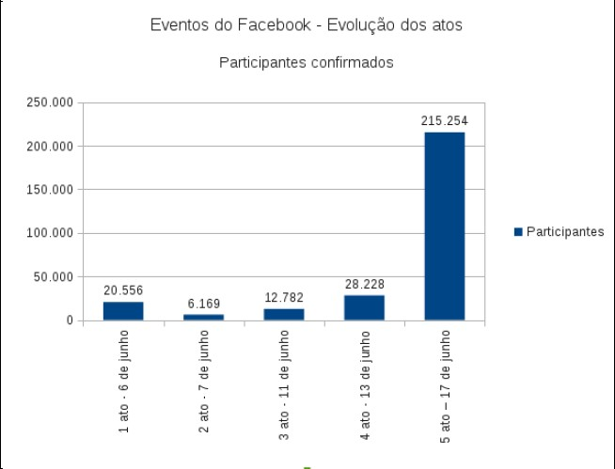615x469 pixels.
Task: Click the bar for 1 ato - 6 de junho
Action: pos(123,311)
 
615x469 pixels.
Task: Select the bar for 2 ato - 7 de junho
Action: pos(203,317)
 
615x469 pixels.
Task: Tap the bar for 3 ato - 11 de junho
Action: pos(284,314)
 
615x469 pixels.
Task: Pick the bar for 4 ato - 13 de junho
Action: pos(364,307)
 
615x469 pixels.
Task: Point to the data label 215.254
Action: pos(444,121)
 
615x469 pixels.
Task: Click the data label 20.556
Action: pos(123,290)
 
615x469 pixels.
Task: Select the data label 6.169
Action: pos(203,304)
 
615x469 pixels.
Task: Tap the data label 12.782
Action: pos(284,297)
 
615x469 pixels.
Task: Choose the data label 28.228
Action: pos(364,284)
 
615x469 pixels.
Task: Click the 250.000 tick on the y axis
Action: pos(50,102)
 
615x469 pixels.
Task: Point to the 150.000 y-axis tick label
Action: pos(50,190)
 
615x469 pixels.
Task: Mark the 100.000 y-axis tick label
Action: pos(50,233)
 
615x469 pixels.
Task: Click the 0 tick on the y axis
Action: pos(70,320)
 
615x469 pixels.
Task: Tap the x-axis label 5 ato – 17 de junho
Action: pos(446,385)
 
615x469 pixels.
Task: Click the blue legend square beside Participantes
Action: pos(518,232)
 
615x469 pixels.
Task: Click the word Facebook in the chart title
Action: pos(271,25)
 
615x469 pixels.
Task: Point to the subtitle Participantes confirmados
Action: pos(306,63)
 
